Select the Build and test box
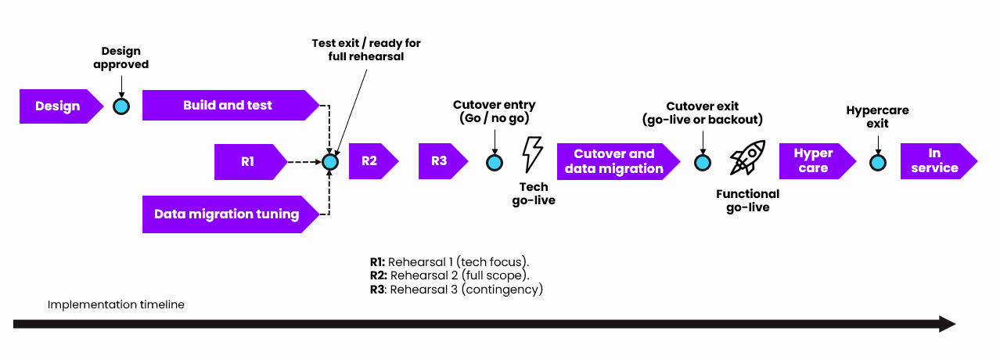(228, 106)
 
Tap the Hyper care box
(815, 161)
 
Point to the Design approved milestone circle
(121, 106)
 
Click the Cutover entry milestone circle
(495, 162)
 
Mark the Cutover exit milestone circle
(703, 162)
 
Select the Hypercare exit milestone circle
(878, 162)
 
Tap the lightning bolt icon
(533, 153)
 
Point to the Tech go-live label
(534, 194)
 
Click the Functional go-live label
(748, 200)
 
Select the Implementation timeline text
(116, 304)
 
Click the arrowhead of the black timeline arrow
(947, 324)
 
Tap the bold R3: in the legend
(379, 290)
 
